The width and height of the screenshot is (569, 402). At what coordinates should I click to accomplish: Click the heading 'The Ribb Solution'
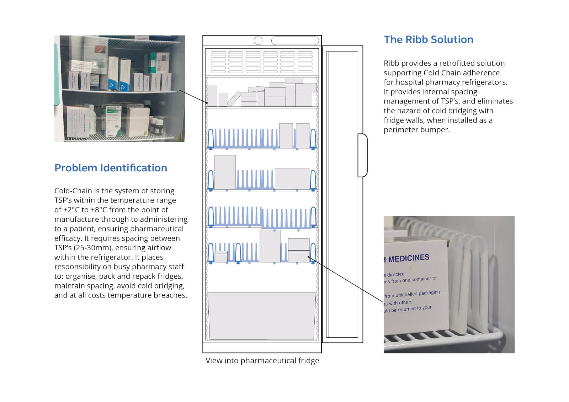[x=428, y=39]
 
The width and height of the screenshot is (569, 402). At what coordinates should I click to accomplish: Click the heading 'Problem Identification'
[x=111, y=168]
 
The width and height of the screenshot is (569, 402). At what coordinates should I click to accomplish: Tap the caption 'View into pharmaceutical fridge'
[x=262, y=360]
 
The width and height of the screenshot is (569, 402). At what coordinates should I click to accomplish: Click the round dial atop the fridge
[x=258, y=41]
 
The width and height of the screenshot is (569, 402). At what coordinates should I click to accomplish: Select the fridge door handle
[x=362, y=155]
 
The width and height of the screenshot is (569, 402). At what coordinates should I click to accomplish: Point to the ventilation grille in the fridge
[x=262, y=62]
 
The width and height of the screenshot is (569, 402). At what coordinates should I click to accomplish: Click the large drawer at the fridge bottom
[x=262, y=316]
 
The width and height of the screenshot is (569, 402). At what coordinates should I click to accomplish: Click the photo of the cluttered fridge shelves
[x=119, y=89]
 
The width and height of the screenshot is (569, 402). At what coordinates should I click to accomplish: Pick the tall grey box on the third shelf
[x=225, y=172]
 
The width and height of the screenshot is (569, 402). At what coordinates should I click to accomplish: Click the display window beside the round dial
[x=295, y=41]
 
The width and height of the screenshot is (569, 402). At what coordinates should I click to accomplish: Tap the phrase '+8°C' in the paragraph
[x=99, y=210]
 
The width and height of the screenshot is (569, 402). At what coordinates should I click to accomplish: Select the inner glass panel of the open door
[x=342, y=194]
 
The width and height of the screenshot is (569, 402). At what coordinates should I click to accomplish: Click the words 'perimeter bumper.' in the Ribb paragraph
[x=416, y=130]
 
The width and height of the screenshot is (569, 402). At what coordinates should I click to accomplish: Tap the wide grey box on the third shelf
[x=292, y=178]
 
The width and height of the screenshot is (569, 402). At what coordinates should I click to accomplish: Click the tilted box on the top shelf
[x=234, y=99]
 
